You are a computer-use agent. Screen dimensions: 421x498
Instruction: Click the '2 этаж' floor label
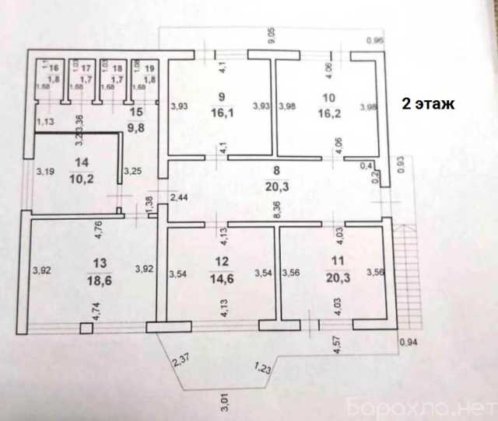[426, 103]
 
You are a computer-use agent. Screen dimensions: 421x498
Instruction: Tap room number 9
[223, 97]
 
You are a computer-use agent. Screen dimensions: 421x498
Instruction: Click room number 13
[96, 262]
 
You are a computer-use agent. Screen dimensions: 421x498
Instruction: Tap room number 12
[223, 262]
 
